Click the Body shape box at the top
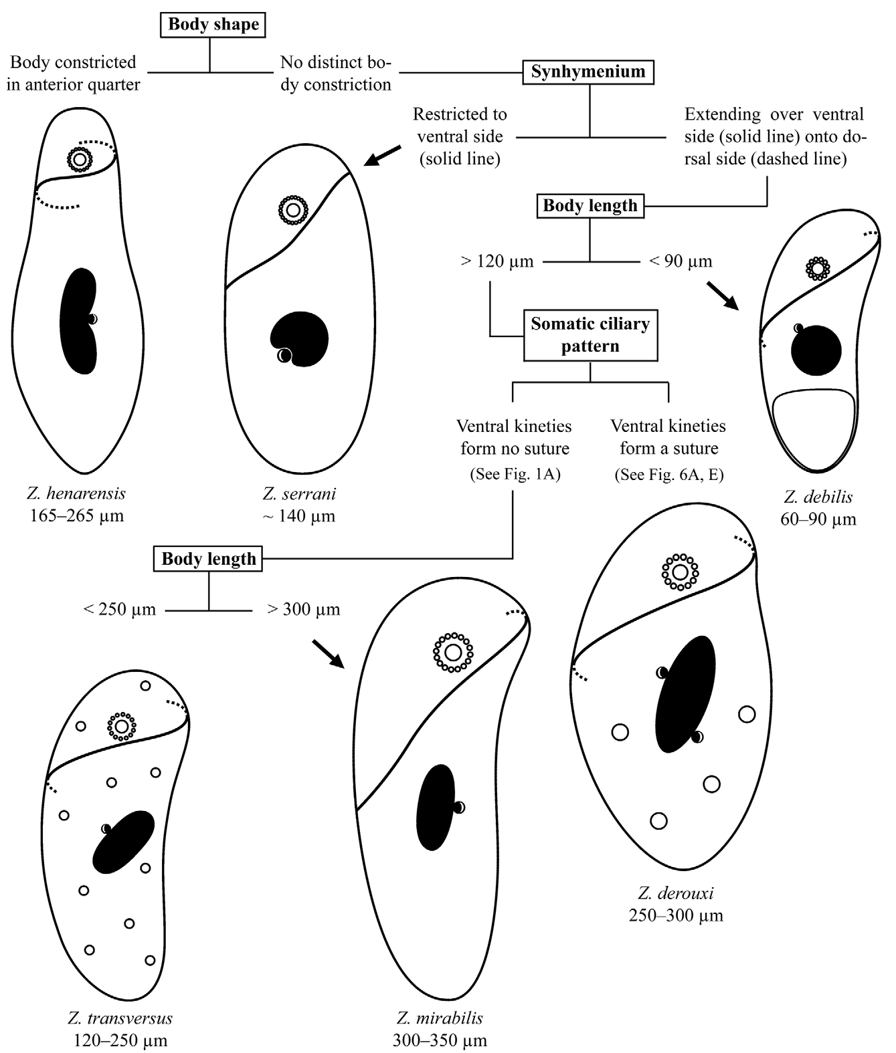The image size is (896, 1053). tap(213, 25)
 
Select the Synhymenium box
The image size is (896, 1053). tap(588, 72)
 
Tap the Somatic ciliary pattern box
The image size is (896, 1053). tap(591, 335)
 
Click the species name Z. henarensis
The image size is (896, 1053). tap(76, 493)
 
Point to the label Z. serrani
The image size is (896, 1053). tap(299, 493)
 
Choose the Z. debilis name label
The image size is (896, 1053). tap(818, 496)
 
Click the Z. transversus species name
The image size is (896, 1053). tap(120, 1018)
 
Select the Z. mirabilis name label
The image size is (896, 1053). tap(440, 1018)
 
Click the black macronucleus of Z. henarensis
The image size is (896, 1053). tap(78, 322)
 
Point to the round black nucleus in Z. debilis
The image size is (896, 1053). tap(816, 350)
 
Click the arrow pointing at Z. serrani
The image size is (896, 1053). tap(383, 156)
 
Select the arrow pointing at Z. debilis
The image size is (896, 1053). tap(723, 296)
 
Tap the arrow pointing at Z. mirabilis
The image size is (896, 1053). tap(329, 654)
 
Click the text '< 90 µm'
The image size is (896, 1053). tap(681, 261)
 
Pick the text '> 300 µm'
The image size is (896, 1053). tap(303, 609)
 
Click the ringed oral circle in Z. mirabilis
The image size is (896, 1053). tap(453, 653)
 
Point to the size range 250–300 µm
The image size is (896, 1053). tap(676, 915)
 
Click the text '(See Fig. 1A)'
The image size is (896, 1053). tap(515, 474)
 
